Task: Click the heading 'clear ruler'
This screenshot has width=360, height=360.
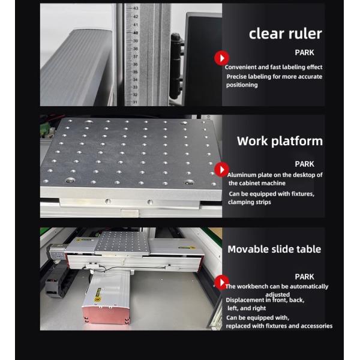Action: pos(286,34)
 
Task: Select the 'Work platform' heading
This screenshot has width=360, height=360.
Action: pos(280,141)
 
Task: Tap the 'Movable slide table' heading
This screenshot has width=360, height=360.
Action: pos(274,249)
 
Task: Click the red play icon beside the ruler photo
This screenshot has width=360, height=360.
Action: pos(222,58)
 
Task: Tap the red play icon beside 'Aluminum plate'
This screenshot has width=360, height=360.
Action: pos(222,169)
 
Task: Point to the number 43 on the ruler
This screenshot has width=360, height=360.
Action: pos(136,8)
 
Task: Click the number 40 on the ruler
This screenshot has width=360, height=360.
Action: pos(136,32)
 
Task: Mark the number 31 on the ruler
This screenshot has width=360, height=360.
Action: pos(136,102)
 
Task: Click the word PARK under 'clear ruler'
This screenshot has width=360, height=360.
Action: pos(304,53)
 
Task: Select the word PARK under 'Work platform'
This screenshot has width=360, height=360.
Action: pos(304,164)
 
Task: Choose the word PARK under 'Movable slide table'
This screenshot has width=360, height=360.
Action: pos(304,277)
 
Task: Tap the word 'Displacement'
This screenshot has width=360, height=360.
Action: pos(245,299)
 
